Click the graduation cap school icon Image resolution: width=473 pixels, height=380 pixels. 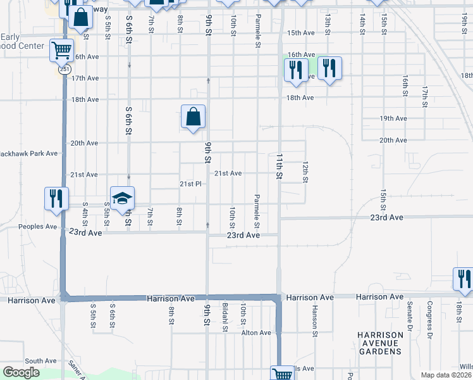(x=123, y=198)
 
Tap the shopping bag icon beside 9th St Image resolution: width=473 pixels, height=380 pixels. (x=193, y=117)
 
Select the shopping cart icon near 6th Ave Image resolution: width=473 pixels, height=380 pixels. (x=62, y=50)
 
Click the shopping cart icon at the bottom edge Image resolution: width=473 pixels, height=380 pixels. (x=282, y=374)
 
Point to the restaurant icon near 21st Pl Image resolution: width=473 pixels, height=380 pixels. (x=56, y=198)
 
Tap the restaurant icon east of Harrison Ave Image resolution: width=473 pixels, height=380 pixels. (x=464, y=279)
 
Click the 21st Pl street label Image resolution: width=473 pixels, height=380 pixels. (x=190, y=184)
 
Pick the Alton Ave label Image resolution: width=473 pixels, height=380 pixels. (x=256, y=332)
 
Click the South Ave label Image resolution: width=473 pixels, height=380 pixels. (x=41, y=360)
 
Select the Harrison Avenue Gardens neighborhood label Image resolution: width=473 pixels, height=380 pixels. (x=379, y=343)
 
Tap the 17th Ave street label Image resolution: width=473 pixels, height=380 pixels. (x=85, y=78)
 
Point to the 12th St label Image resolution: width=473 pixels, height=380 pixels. (x=305, y=172)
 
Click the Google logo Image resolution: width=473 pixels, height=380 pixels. (x=21, y=372)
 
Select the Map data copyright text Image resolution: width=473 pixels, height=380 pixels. (x=445, y=375)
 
